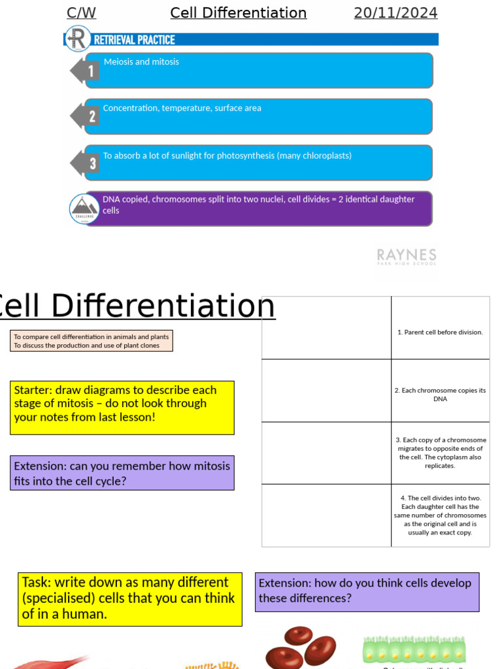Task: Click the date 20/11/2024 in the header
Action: [395, 13]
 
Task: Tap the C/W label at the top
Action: [81, 13]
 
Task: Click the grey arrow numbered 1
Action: [86, 71]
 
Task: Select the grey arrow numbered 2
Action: [86, 116]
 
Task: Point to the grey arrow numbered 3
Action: [86, 163]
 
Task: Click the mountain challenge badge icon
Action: [84, 208]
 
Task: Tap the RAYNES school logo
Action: [406, 256]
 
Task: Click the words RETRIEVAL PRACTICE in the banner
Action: [135, 40]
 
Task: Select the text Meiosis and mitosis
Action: [141, 62]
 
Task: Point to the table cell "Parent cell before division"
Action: [440, 332]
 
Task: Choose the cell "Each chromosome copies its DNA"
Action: [440, 395]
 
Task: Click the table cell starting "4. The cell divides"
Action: [440, 515]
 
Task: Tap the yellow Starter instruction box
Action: [122, 408]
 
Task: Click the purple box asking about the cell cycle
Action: [122, 473]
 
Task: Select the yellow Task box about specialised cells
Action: [129, 599]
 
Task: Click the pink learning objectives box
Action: [92, 341]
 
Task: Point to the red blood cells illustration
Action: [301, 648]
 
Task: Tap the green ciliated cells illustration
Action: [413, 649]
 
